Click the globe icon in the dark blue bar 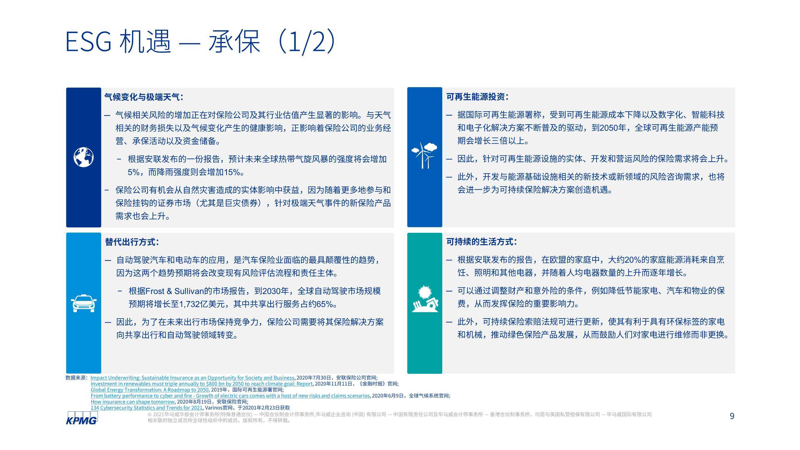pos(83,157)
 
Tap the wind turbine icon pos(424,155)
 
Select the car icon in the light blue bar pos(83,303)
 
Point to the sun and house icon pos(425,299)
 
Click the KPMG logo pos(82,418)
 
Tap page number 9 pos(732,416)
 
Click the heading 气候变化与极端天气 pos(142,97)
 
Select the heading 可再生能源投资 pos(475,97)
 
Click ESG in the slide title pos(89,42)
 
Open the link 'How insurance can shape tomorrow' pos(133,402)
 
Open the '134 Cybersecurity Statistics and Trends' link pos(146,408)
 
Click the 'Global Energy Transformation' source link pos(150,390)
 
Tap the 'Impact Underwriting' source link pos(193,378)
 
